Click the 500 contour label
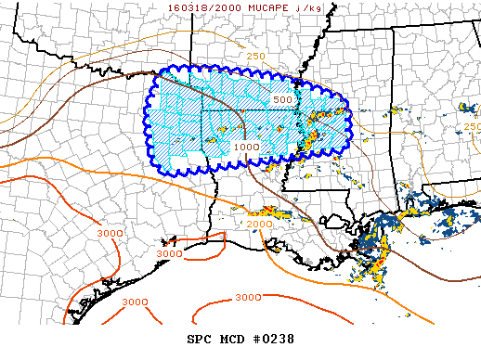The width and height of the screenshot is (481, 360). [283, 99]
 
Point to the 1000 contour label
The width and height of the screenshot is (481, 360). [246, 147]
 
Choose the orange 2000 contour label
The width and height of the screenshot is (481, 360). [259, 225]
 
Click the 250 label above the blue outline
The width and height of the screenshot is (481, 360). [256, 57]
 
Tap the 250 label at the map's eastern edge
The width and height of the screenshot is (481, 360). [472, 126]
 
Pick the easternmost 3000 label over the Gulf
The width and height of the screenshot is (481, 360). [247, 298]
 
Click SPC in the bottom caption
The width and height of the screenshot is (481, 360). [201, 338]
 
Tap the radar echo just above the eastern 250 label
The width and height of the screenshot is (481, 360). [471, 109]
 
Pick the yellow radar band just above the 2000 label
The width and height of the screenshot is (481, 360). [265, 212]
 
